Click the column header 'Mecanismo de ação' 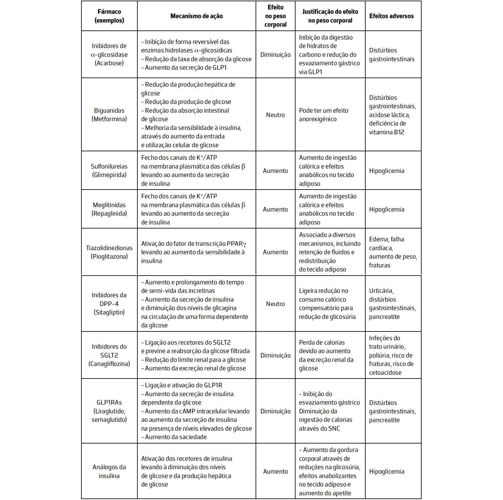click(x=196, y=16)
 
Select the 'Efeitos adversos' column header click(x=391, y=16)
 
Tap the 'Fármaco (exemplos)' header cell click(x=109, y=16)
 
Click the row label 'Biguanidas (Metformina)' click(x=109, y=115)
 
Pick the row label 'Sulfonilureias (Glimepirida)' click(x=109, y=170)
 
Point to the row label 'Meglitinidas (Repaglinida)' click(x=109, y=209)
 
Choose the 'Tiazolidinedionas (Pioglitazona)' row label click(x=109, y=252)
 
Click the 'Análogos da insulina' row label click(x=109, y=471)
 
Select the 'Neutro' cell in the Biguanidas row click(x=275, y=115)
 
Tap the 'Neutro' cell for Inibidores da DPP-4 click(x=275, y=304)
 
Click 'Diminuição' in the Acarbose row click(x=275, y=55)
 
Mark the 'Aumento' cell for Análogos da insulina click(x=275, y=471)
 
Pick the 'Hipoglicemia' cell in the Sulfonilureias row click(x=387, y=171)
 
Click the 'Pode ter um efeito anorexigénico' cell click(x=324, y=115)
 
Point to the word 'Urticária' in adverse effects click(x=381, y=291)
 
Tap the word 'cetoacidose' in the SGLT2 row click(x=385, y=373)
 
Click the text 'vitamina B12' click(x=386, y=132)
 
